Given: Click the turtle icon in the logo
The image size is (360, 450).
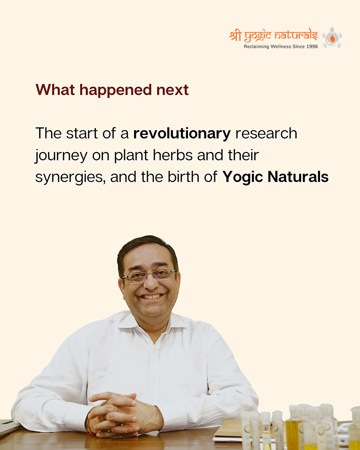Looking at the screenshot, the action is click(x=332, y=38).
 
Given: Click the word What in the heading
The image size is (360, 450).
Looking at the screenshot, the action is click(x=55, y=90).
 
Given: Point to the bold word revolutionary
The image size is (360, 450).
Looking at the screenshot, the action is click(x=182, y=134).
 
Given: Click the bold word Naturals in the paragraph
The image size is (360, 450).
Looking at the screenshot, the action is click(x=298, y=177).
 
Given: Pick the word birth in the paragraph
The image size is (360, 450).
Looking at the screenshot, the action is click(x=180, y=177).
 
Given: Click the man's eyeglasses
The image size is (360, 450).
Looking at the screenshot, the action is click(x=148, y=276).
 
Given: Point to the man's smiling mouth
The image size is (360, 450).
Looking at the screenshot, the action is click(x=151, y=297).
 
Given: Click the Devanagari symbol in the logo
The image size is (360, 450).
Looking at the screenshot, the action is click(x=235, y=36).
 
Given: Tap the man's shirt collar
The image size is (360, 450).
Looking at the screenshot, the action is click(x=152, y=324).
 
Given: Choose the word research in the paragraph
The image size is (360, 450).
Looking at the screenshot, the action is click(x=266, y=134).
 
